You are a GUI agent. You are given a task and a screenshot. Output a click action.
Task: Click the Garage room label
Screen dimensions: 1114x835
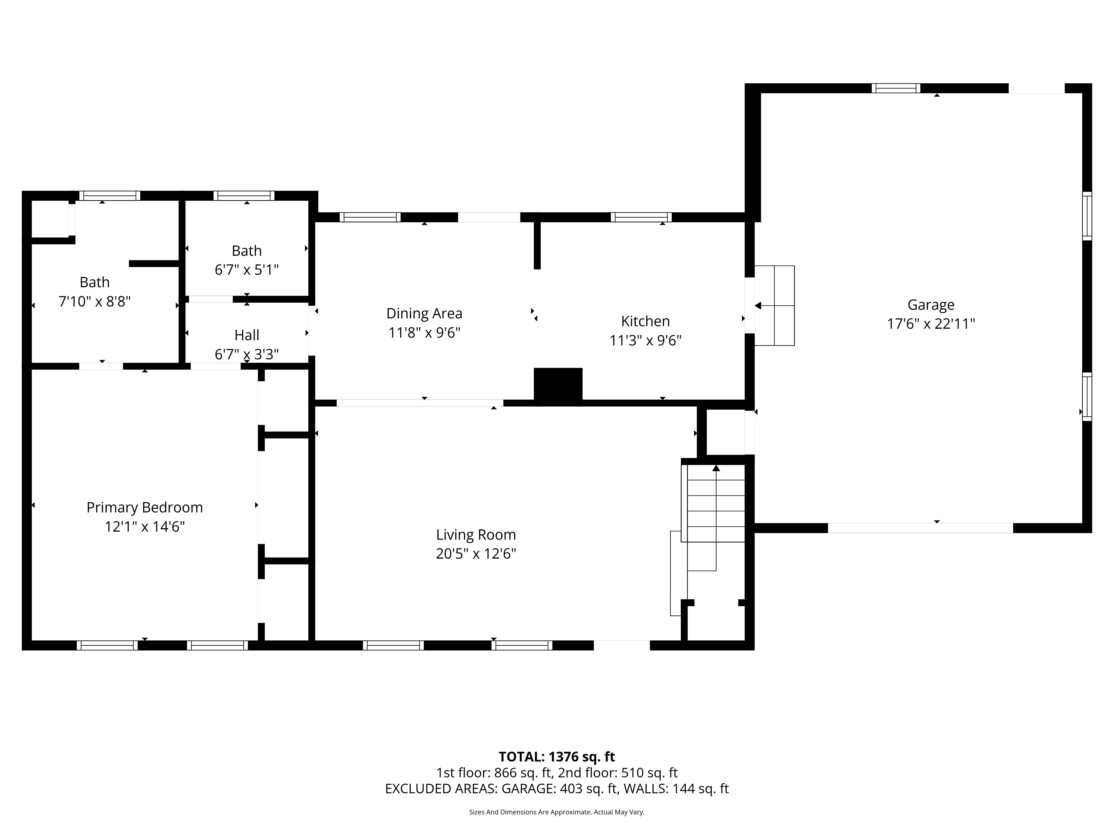[x=931, y=305]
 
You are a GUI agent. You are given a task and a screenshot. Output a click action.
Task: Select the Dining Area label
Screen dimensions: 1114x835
[x=424, y=314]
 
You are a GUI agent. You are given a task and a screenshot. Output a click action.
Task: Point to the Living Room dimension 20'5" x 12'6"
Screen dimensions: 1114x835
[x=476, y=554]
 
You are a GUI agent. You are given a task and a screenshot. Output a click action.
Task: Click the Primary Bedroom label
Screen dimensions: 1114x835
[x=145, y=507]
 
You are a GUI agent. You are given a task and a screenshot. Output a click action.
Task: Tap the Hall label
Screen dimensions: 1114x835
[x=247, y=335]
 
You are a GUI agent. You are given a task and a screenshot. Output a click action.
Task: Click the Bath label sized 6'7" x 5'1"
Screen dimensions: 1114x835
[x=247, y=251]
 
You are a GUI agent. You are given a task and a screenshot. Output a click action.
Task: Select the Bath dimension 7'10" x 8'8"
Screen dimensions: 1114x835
[x=95, y=301]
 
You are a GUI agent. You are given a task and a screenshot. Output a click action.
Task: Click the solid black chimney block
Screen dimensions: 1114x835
[x=558, y=387]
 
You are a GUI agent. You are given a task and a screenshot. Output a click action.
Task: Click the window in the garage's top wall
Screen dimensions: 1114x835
[x=896, y=88]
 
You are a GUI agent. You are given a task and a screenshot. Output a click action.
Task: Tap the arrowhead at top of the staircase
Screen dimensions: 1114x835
[x=716, y=468]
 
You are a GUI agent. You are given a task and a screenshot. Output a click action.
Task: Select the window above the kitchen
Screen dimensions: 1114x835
[x=641, y=217]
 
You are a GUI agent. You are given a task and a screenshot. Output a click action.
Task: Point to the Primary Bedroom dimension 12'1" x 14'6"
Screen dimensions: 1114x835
[x=145, y=527]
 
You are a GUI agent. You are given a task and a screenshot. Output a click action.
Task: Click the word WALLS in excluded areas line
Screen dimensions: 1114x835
[x=646, y=789]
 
